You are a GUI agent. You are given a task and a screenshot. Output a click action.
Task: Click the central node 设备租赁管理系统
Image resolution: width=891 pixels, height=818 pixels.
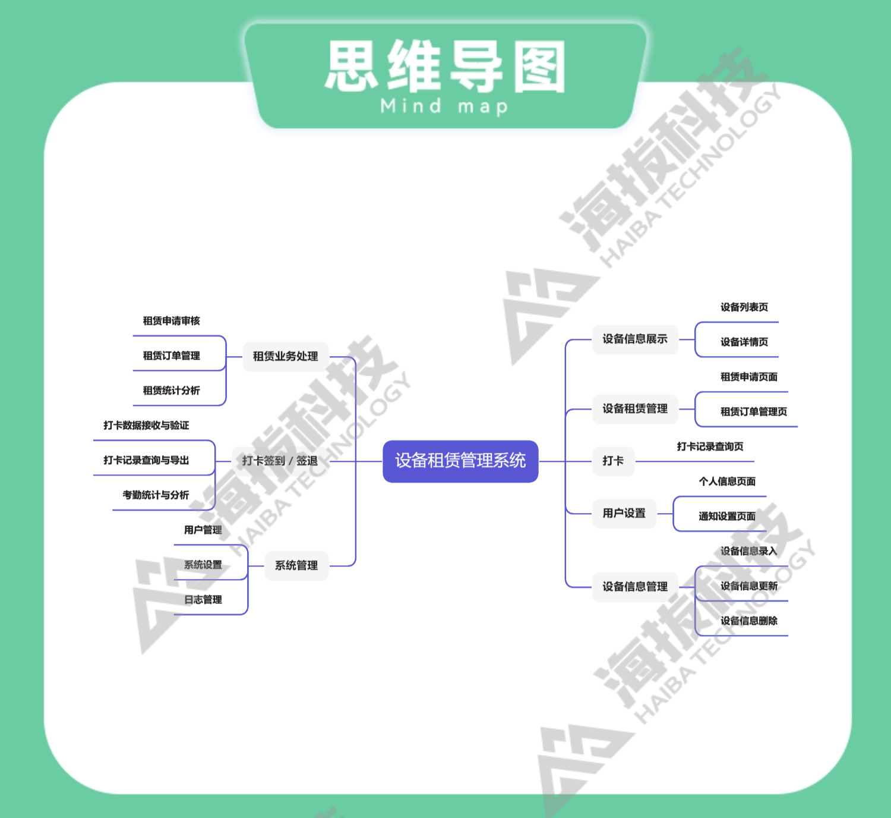[x=460, y=461]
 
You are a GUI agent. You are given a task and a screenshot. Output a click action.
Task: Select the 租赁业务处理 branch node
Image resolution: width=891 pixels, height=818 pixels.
[x=285, y=356]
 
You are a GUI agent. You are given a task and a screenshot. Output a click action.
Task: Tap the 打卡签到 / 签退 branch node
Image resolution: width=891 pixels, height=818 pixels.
[x=280, y=461]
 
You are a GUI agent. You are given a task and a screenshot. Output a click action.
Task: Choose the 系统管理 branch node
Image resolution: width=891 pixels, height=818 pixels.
[x=296, y=565]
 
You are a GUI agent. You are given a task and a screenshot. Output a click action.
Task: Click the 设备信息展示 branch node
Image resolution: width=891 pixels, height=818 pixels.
[x=635, y=339]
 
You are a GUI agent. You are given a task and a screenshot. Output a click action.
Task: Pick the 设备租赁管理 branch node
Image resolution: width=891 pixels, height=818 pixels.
[x=635, y=408]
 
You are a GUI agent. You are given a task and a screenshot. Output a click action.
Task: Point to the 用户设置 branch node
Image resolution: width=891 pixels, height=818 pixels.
[x=624, y=513]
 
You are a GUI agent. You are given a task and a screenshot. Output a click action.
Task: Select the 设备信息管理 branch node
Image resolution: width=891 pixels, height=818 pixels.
[x=635, y=587]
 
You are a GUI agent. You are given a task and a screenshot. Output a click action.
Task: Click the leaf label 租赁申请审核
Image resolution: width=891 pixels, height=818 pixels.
[x=171, y=321]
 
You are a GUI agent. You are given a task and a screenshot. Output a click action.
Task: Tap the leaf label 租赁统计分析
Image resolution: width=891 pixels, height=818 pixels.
[x=171, y=391]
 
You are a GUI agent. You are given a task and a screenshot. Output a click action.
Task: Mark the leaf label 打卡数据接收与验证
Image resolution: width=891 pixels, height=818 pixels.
[x=146, y=425]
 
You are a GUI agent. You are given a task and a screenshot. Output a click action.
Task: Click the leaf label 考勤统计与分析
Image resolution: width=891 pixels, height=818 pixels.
[x=156, y=495]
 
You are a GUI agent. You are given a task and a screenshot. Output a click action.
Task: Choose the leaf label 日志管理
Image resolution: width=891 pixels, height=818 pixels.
[x=203, y=599]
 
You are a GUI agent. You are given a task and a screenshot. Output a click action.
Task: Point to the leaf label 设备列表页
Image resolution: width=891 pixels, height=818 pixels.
[x=744, y=307]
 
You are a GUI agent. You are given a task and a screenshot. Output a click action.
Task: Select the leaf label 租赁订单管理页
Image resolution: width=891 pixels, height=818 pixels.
[x=754, y=411]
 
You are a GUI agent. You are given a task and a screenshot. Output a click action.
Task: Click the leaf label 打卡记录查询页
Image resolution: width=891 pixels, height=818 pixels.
[x=710, y=446]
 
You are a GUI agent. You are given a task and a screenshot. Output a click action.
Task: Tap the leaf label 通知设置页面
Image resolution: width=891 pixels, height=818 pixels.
[x=727, y=516]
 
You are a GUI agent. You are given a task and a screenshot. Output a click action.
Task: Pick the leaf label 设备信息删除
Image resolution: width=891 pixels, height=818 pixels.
[x=749, y=621]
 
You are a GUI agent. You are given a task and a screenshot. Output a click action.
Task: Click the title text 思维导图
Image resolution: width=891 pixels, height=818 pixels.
[x=445, y=66]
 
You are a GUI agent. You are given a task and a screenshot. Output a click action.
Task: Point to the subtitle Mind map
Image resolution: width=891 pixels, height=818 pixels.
[x=444, y=106]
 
